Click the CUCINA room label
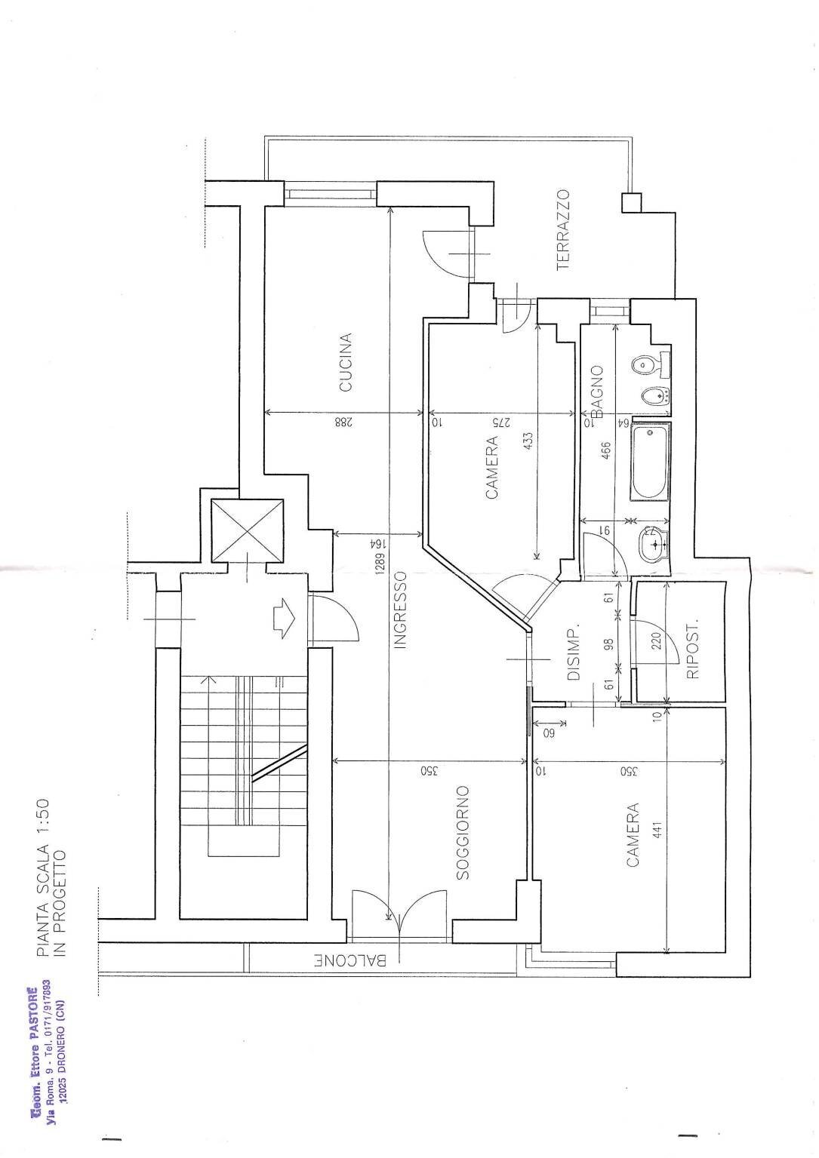pos(345,363)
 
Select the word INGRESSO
pos(400,610)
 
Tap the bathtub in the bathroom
pos(650,461)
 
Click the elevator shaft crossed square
pos(248,530)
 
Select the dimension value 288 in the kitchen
pos(342,423)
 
